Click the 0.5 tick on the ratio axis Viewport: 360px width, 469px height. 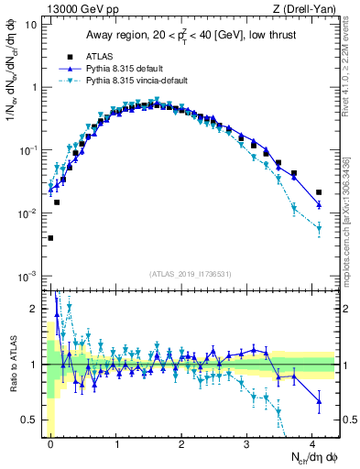pos(30,420)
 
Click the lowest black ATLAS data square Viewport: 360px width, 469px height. pos(50,238)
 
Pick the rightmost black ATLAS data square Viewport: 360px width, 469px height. pos(319,192)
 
